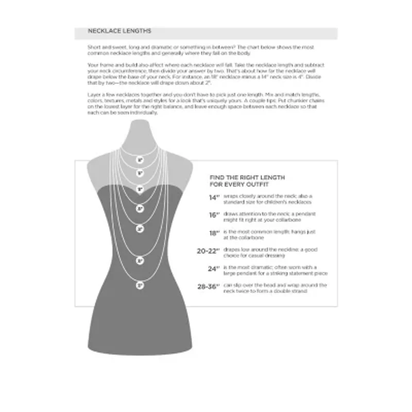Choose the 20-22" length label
[x=209, y=251]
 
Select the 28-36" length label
[x=209, y=286]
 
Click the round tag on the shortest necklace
[x=140, y=160]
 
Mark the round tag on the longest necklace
[x=140, y=284]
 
